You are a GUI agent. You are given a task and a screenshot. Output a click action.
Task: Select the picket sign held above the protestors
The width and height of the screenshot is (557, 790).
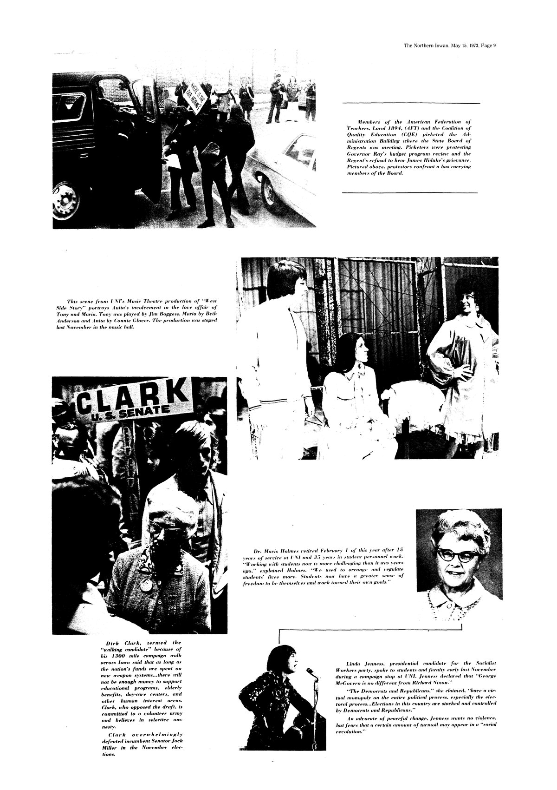pos(193,98)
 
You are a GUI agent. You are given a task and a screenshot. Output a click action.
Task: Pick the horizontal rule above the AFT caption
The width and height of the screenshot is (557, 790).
pos(411,103)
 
